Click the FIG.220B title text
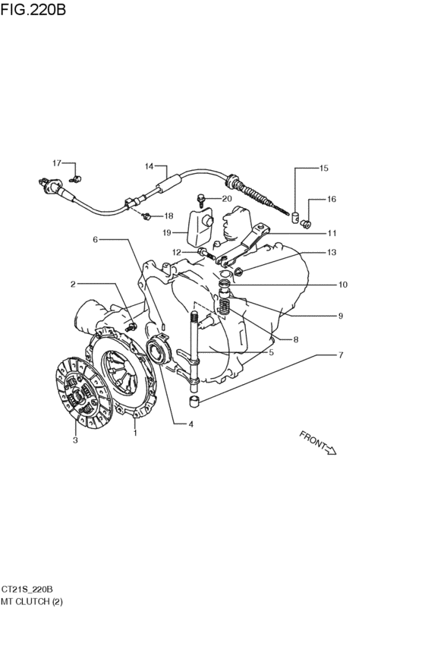[33, 9]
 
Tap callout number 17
[57, 162]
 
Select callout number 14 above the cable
[149, 166]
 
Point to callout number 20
[227, 199]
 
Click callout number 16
[332, 199]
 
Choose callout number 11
[332, 233]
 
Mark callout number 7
[341, 355]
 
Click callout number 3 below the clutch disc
[75, 440]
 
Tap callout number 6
[95, 239]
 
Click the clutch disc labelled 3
[83, 392]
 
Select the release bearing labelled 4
[158, 350]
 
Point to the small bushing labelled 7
[195, 401]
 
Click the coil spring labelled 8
[223, 307]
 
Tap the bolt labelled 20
[201, 200]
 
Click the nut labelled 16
[306, 223]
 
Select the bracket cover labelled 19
[200, 228]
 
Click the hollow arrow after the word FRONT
[331, 449]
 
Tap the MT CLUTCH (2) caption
[32, 601]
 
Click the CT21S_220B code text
[27, 589]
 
